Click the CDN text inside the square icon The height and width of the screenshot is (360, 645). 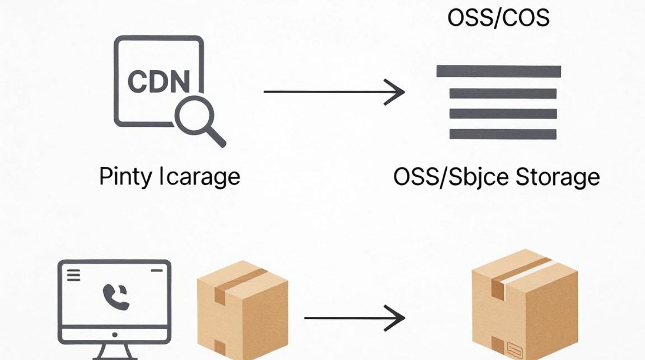(x=159, y=81)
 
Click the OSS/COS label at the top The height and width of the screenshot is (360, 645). (x=499, y=18)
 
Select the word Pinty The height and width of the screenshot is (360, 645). (x=125, y=177)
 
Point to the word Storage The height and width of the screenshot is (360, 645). (x=558, y=177)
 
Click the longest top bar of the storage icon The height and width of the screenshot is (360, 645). (x=499, y=71)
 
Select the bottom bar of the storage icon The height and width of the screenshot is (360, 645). (x=503, y=134)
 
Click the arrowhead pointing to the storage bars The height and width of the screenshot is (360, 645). (x=395, y=92)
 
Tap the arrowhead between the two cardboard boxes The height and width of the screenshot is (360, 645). (x=395, y=318)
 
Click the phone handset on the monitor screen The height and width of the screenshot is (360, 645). (x=116, y=297)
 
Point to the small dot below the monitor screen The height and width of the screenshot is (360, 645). (x=115, y=335)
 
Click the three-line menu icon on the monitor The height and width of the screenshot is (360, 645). (x=73, y=275)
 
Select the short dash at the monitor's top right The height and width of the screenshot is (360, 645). (x=156, y=271)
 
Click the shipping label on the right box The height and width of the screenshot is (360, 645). (x=514, y=349)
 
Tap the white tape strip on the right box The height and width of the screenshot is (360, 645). (x=529, y=271)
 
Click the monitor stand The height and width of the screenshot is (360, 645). (x=114, y=352)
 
